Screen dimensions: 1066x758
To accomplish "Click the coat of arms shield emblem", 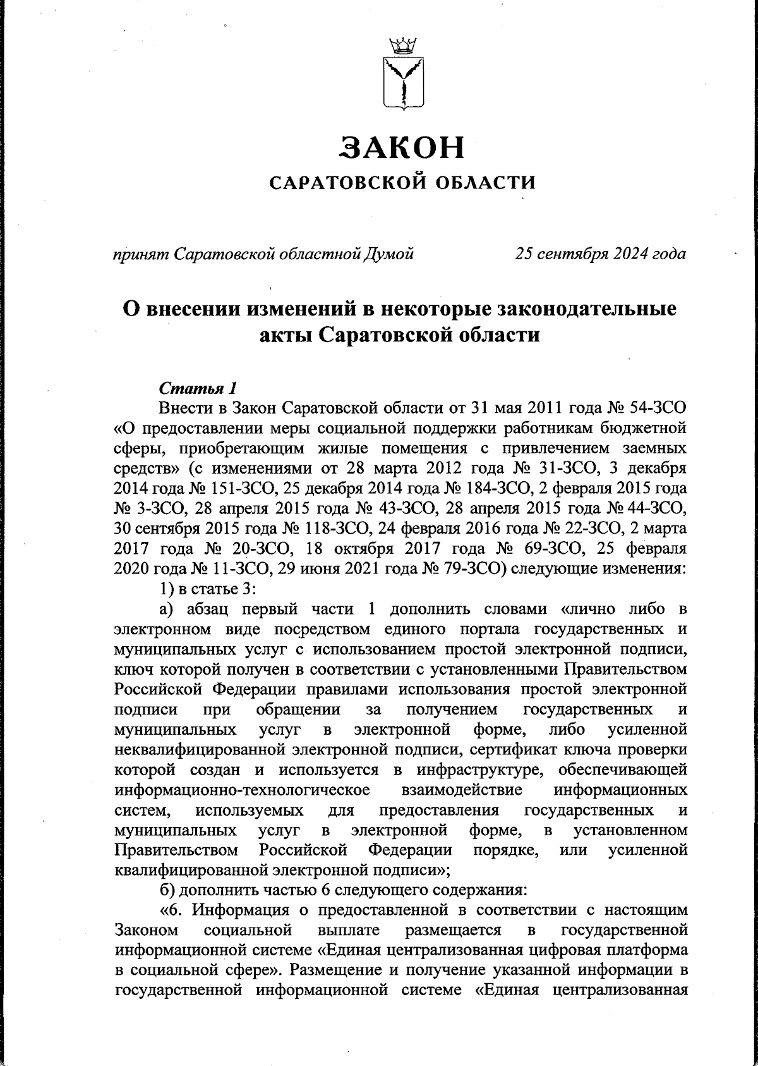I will (402, 83).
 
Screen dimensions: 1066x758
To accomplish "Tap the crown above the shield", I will (402, 46).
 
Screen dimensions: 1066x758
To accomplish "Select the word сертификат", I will (514, 750).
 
